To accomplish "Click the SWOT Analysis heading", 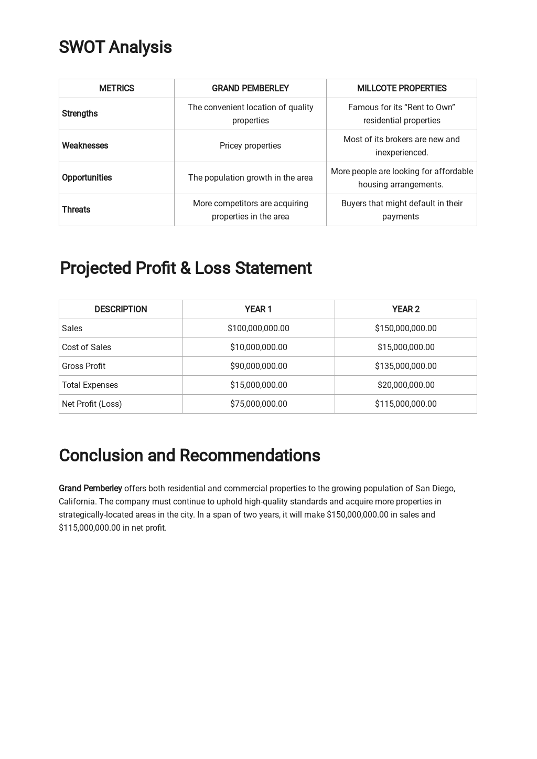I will click(115, 47).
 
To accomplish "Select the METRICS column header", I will click(116, 88).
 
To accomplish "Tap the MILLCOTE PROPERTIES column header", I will click(402, 88).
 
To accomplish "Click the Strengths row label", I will click(80, 113).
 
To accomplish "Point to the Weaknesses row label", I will click(85, 145).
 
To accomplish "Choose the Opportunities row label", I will click(87, 177).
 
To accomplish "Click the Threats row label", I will click(76, 209).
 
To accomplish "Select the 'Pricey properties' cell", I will click(250, 145).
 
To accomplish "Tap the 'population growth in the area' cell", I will click(250, 177).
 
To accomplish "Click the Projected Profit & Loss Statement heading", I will click(186, 268).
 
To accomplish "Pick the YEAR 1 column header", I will click(258, 309).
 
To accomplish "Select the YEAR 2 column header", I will click(405, 309).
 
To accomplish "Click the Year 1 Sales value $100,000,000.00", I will click(258, 328).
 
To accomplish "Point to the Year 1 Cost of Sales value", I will click(258, 347).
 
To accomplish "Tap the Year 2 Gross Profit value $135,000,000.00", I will click(405, 366).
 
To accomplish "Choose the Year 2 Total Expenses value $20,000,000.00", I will click(405, 385).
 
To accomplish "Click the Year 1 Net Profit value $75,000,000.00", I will click(258, 404).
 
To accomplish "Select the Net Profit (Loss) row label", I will click(92, 404).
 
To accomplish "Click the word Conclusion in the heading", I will click(101, 456).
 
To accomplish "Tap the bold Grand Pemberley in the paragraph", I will click(90, 488).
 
